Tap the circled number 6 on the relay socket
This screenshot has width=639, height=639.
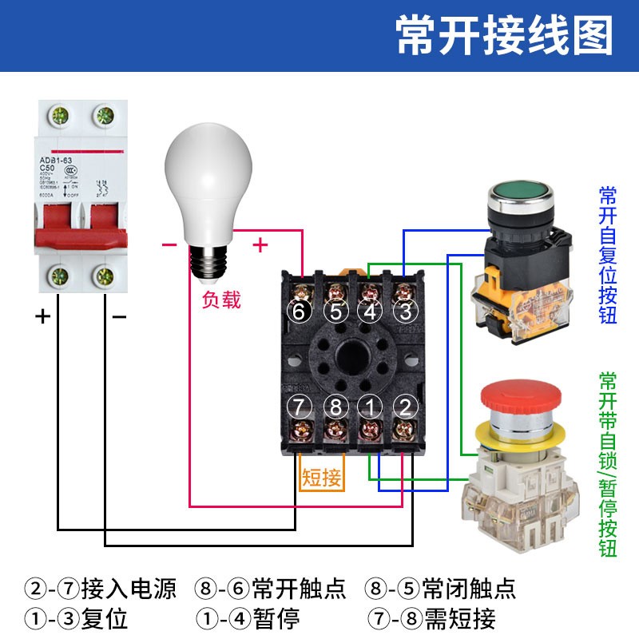pyautogui.click(x=299, y=312)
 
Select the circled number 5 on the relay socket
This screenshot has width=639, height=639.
pyautogui.click(x=335, y=312)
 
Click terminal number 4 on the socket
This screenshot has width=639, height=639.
pyautogui.click(x=370, y=312)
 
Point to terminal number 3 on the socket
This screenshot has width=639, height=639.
pyautogui.click(x=405, y=312)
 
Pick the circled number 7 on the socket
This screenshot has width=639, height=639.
pyautogui.click(x=299, y=407)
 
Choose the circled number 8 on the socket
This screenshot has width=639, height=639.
pyautogui.click(x=335, y=407)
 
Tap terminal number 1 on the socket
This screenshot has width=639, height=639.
pyautogui.click(x=370, y=407)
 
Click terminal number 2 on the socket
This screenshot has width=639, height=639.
pyautogui.click(x=405, y=407)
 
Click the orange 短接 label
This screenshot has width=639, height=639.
pyautogui.click(x=322, y=478)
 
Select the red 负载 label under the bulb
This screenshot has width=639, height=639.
pyautogui.click(x=221, y=300)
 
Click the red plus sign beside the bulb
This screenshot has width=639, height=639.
pyautogui.click(x=260, y=245)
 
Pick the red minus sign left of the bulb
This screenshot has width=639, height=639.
pyautogui.click(x=169, y=245)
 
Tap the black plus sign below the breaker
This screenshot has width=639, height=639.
pyautogui.click(x=42, y=316)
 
